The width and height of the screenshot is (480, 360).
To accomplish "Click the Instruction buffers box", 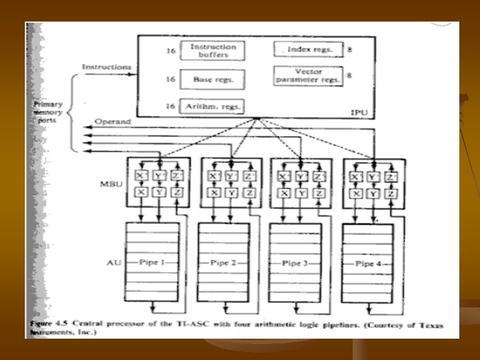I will pyautogui.click(x=213, y=51).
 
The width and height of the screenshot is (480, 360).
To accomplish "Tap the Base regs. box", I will pyautogui.click(x=209, y=79).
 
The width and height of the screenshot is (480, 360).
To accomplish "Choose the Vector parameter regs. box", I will pyautogui.click(x=307, y=76).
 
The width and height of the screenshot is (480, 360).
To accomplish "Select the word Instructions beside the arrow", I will pyautogui.click(x=106, y=67).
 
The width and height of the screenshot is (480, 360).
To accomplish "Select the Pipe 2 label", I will pyautogui.click(x=223, y=263).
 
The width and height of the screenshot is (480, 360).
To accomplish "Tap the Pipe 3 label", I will pyautogui.click(x=295, y=263).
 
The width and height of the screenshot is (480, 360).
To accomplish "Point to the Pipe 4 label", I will pyautogui.click(x=367, y=263).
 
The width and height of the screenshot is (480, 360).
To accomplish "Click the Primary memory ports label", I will pyautogui.click(x=49, y=113).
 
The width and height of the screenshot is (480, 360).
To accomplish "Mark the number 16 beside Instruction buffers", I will pyautogui.click(x=171, y=51).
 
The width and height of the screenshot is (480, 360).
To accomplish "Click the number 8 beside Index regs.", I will pyautogui.click(x=350, y=49).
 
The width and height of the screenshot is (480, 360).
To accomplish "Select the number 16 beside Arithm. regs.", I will pyautogui.click(x=171, y=106).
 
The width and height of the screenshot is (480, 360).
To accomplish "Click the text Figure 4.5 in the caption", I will pyautogui.click(x=47, y=321).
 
